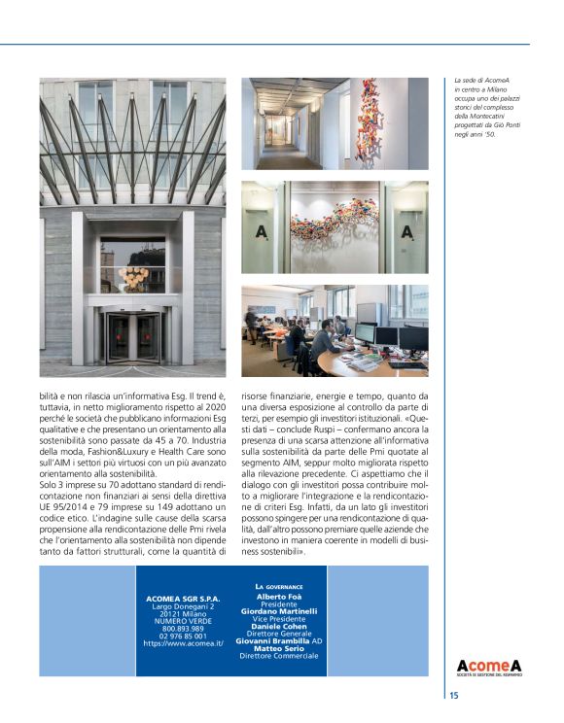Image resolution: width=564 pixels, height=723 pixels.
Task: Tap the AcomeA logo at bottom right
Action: [489, 666]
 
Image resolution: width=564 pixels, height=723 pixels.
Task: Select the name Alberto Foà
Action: [279, 596]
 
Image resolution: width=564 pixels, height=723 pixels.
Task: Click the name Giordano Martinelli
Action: [279, 611]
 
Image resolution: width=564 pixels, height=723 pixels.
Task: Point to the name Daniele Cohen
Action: [279, 627]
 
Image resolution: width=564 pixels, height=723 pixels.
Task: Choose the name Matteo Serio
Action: [279, 650]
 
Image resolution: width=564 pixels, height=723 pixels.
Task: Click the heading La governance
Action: [279, 587]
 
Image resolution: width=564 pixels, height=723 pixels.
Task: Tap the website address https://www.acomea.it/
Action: [184, 643]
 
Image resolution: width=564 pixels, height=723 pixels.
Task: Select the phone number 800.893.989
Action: [184, 628]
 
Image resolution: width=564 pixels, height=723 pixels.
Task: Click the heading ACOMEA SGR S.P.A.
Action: [184, 599]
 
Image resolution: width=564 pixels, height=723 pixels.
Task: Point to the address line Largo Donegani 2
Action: [184, 606]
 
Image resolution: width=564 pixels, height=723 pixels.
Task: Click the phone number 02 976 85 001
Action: [184, 636]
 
